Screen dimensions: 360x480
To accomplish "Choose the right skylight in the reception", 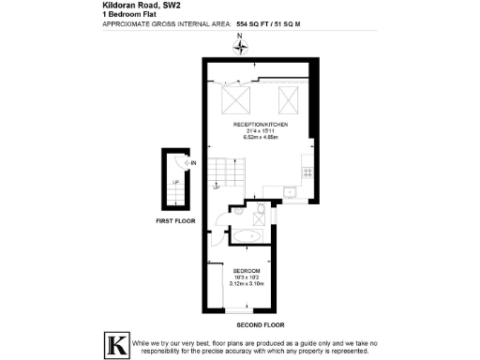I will (289, 97).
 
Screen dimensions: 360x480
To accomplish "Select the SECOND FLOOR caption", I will (261, 324).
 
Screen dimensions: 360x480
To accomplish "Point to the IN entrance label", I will (192, 164).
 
